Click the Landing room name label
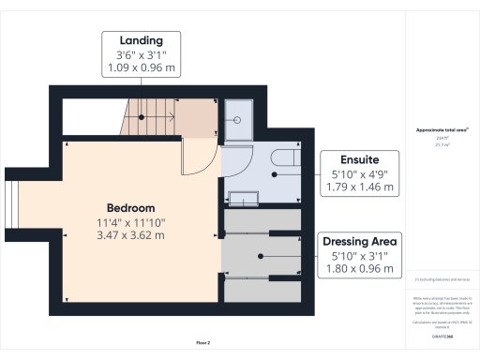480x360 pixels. [141, 40]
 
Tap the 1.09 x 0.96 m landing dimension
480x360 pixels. [141, 68]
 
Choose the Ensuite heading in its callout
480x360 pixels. [353, 159]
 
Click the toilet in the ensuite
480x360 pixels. [282, 159]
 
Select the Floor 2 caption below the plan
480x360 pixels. [203, 343]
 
